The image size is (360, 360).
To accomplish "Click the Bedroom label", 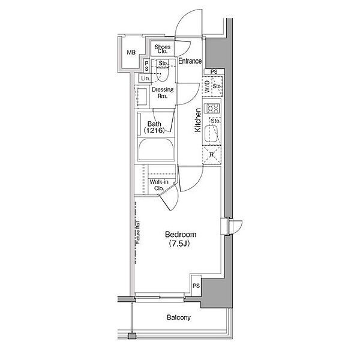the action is coord(181,235).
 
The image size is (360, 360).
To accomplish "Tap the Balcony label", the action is coord(179,317).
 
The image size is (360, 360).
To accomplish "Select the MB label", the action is coord(131,52).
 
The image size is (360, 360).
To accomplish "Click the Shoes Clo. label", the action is coord(163,49).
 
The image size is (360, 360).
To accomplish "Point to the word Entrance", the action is coord(190,61).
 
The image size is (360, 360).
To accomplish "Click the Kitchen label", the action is coord(197,120).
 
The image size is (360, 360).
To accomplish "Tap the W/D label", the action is coord(207,86).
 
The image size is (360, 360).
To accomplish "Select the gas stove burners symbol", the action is coord(213,108).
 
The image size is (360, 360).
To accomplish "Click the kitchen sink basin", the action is coord(211,134).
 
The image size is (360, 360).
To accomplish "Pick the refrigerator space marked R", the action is coord(212,155).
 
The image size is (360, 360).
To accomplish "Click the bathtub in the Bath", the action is coord(156,149).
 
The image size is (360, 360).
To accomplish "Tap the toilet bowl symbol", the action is coord(163,74).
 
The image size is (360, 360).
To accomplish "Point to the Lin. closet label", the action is coord(145,78).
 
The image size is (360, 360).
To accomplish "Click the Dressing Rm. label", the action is coord(163,92).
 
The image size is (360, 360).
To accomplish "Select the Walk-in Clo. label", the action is coord(159,185).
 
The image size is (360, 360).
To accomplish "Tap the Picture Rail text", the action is coord(138,233).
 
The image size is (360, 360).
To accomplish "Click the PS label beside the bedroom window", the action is coord(196,286).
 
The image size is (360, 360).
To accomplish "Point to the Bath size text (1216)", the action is coord(154,131).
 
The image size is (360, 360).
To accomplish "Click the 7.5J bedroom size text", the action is coord(179,244).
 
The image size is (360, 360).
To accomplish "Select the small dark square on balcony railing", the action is coord(132,336).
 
